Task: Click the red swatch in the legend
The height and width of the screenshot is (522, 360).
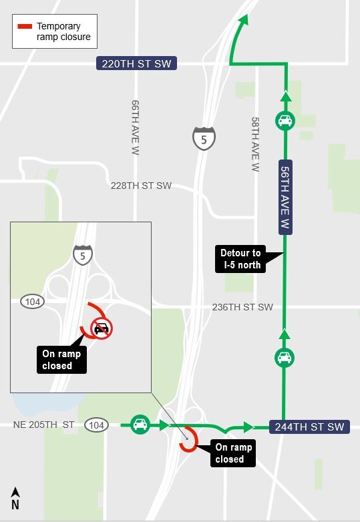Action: (25, 27)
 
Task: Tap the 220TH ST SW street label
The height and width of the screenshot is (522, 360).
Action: (136, 64)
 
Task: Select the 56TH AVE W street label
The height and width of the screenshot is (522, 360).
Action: (285, 197)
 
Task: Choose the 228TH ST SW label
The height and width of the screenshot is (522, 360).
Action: (141, 186)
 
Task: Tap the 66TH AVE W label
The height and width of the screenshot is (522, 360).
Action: (136, 119)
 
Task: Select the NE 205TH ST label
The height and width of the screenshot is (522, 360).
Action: (44, 425)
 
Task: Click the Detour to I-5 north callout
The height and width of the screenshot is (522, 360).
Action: (242, 258)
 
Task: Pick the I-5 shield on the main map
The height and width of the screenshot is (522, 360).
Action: (204, 138)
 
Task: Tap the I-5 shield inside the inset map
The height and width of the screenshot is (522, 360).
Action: (83, 254)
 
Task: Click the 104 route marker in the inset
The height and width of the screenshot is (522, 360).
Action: (31, 301)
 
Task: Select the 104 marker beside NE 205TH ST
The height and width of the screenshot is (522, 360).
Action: (97, 425)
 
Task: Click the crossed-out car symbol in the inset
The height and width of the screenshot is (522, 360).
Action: (102, 328)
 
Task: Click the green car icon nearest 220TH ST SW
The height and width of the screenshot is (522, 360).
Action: (285, 121)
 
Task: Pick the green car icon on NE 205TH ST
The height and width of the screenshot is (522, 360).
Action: (140, 424)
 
